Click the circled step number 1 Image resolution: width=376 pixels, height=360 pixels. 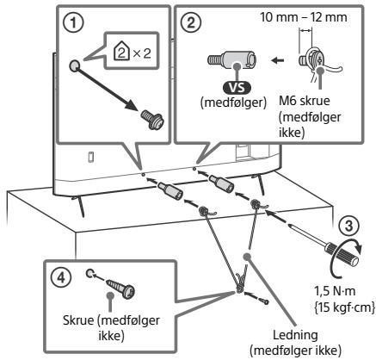(74, 23)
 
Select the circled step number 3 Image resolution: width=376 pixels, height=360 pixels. (348, 226)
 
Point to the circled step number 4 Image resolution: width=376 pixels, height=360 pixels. (60, 277)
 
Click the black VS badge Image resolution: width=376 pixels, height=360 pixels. (237, 88)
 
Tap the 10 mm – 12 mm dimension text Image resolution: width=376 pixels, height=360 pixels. (304, 17)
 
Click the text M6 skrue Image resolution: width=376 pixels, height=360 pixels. (305, 101)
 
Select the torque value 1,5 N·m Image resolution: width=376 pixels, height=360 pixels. (335, 292)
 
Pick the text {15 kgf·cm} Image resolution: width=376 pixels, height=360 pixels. (343, 307)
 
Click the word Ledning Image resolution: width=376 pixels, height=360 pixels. (295, 335)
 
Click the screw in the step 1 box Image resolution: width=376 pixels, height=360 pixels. (152, 121)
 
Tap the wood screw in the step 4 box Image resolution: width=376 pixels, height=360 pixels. (121, 289)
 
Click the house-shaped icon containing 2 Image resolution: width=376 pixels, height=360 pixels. (121, 53)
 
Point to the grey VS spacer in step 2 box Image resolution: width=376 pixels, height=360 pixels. (231, 59)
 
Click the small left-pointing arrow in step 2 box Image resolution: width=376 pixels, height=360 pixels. (278, 60)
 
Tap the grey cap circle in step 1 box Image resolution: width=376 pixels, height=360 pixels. (76, 66)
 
